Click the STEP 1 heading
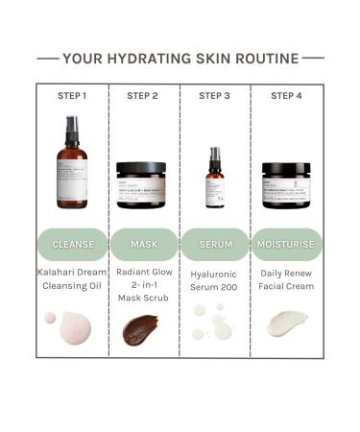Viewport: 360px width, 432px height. [x=72, y=95]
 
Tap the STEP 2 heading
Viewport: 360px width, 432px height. [x=143, y=95]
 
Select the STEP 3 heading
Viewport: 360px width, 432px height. [x=214, y=95]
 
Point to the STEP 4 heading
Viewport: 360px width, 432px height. [x=286, y=95]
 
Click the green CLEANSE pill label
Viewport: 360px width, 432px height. [x=72, y=244]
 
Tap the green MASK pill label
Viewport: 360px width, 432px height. [x=143, y=244]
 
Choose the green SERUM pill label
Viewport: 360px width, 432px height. [x=215, y=244]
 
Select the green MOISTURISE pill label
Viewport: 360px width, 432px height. [x=286, y=244]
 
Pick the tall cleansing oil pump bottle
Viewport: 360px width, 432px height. [x=72, y=165]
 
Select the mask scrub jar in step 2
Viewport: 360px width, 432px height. [x=143, y=184]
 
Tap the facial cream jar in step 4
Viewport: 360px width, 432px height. [x=286, y=184]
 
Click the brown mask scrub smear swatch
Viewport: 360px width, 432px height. [x=143, y=331]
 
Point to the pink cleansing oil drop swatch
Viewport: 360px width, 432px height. [x=69, y=328]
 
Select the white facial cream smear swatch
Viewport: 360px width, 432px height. [x=286, y=324]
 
